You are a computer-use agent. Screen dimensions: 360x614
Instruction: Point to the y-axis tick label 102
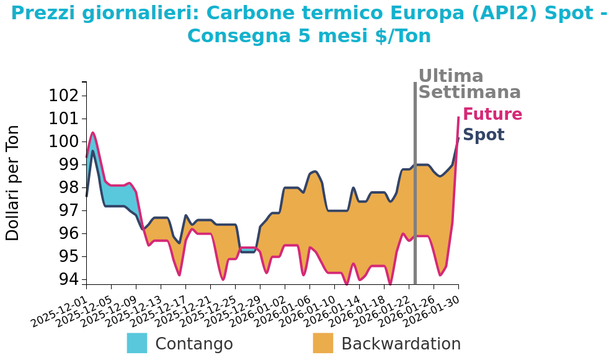pos(64,96)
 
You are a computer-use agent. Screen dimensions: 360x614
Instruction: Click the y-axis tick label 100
pos(64,142)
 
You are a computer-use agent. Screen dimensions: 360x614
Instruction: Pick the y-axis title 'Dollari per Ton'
pos(13,182)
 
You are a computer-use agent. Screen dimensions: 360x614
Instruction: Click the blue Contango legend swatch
pos(137,343)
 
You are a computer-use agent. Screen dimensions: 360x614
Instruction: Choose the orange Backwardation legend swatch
pos(323,343)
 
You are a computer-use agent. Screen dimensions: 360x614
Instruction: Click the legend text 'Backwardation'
pos(401,344)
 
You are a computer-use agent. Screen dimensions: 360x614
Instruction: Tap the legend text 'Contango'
pos(194,344)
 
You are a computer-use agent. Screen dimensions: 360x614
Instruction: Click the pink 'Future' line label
pos(492,115)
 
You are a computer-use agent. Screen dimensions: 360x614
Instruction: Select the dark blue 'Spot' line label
pos(484,135)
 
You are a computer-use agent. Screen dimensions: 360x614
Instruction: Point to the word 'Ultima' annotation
pos(451,76)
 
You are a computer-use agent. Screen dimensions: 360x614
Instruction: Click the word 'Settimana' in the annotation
pos(469,92)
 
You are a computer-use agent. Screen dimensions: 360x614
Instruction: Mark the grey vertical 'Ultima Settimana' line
pos(415,186)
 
